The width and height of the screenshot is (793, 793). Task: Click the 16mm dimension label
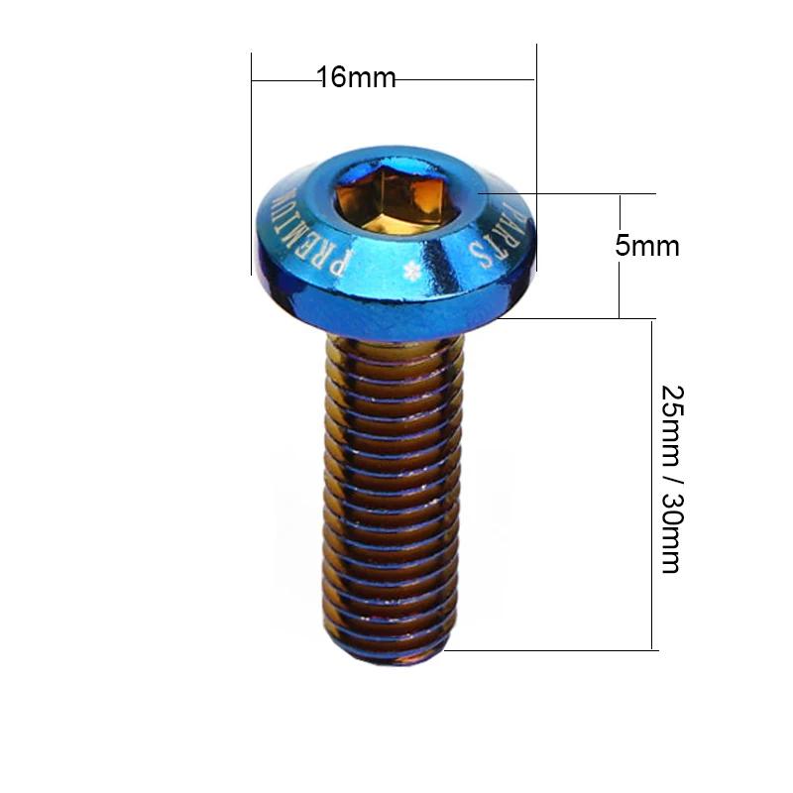356,77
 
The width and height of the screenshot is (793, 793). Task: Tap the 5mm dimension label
647,246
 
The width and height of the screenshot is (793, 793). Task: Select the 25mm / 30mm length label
673,480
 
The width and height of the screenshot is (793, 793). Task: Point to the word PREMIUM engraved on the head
308,235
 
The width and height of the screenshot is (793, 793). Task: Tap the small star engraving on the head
411,272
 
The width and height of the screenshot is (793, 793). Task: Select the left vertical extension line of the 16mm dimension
252,164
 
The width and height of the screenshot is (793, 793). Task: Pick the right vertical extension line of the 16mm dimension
536,157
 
